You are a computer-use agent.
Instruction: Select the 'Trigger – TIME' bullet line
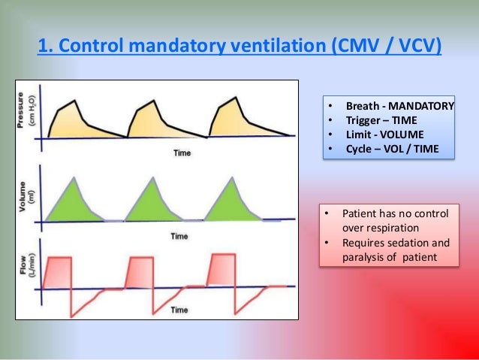[x=380, y=120]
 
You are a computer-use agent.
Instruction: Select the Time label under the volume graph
[x=178, y=236]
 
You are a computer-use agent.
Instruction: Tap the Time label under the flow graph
[x=178, y=309]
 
